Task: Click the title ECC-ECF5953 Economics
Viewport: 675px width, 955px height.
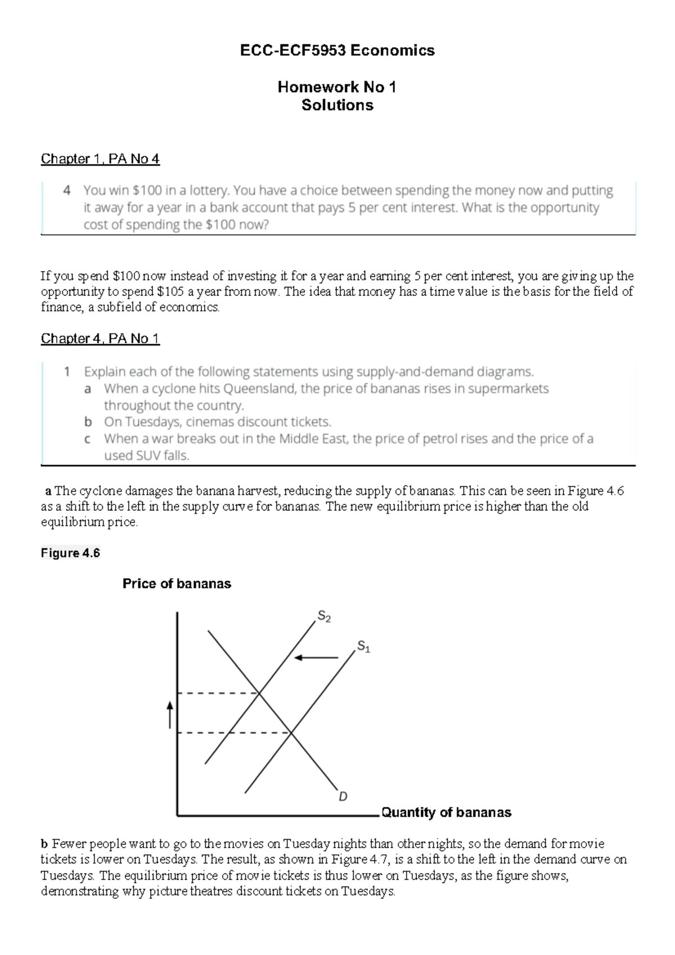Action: [337, 51]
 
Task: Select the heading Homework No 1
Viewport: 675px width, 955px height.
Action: [337, 87]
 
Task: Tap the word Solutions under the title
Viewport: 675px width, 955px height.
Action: [337, 105]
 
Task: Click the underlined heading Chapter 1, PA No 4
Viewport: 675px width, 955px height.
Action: [100, 159]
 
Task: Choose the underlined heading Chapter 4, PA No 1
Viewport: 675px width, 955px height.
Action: [100, 339]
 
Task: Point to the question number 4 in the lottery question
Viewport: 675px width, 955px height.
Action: [67, 191]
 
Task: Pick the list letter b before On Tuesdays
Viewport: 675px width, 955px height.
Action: [88, 422]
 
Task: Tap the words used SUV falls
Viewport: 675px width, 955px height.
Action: [147, 456]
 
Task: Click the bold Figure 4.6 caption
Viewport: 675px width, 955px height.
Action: [70, 553]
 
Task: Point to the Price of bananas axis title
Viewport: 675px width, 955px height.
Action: [177, 584]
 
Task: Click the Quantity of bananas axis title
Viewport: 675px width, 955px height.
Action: [446, 812]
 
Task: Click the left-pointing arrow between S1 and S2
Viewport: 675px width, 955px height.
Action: [316, 657]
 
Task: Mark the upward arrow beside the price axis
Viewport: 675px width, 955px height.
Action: [169, 714]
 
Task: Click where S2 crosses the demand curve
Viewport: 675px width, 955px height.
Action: [259, 693]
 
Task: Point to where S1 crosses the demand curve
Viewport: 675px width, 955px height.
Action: [291, 733]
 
